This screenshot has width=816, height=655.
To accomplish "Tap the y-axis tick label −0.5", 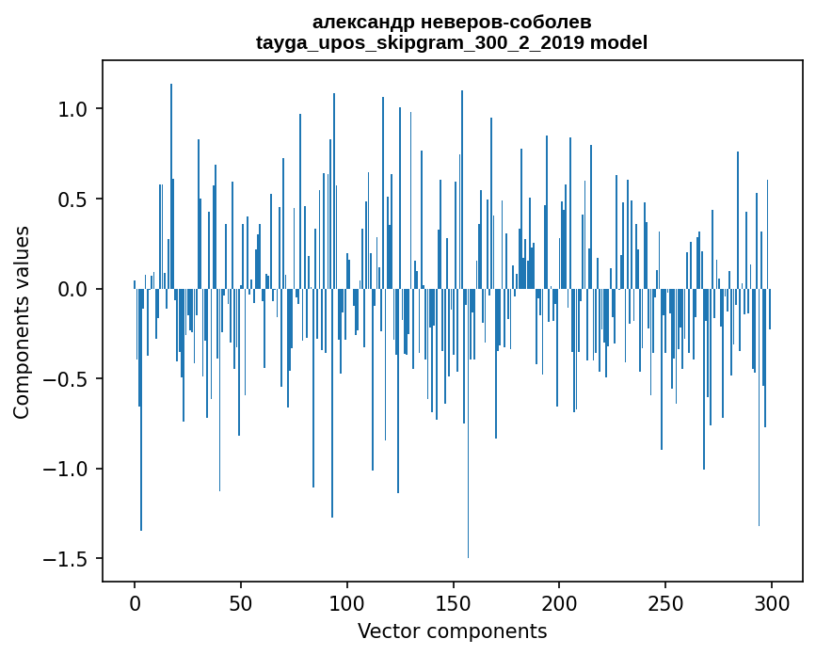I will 68,379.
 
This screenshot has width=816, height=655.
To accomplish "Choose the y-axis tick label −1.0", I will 68,469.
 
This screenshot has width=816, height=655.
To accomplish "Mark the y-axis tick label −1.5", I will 68,559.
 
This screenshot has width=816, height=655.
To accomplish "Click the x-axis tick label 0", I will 135,602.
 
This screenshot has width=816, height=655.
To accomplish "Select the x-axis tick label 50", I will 241,602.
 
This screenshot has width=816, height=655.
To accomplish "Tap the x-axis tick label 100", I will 347,602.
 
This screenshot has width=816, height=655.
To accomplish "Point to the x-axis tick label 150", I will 453,602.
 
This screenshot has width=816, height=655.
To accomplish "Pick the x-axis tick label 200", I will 559,602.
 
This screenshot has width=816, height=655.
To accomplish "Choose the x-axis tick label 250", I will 665,602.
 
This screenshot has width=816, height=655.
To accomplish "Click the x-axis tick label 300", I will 772,602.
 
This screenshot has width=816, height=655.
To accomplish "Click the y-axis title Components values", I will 22,322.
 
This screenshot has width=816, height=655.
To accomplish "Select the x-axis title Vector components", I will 452,631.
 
